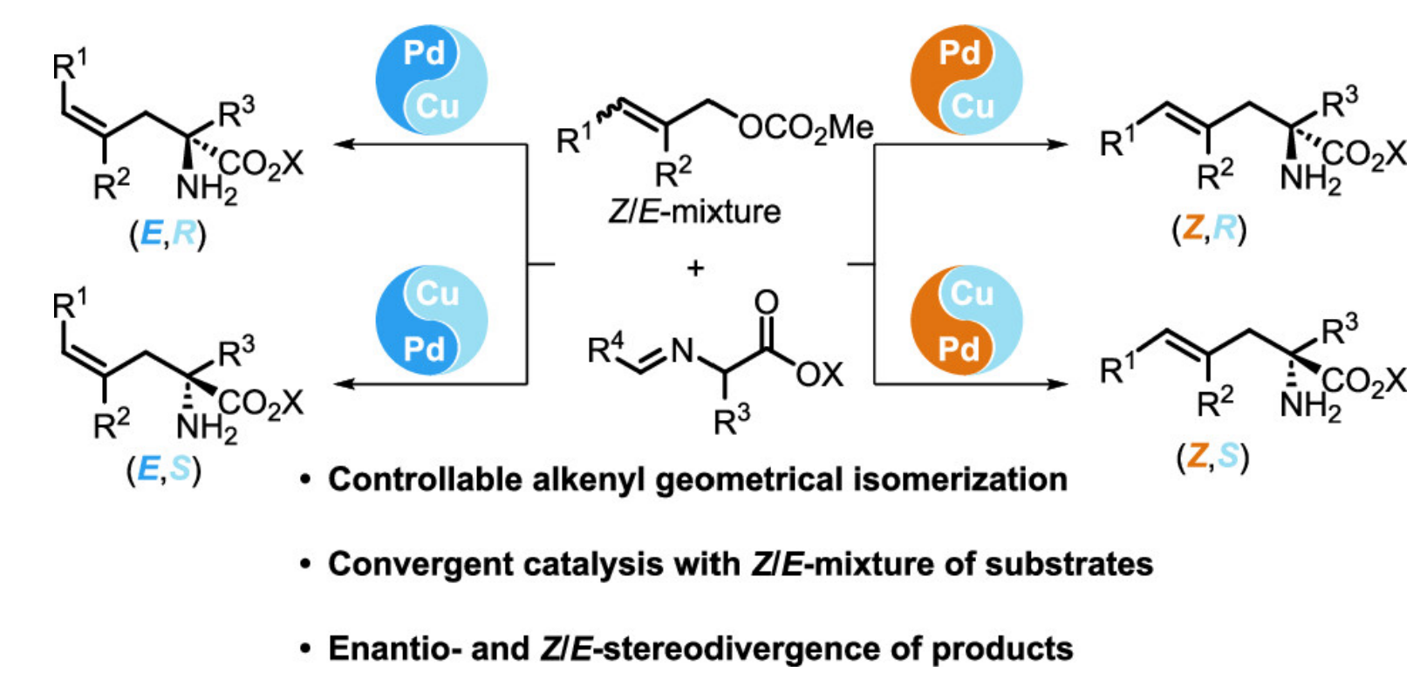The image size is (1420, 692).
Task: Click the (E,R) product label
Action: click(x=167, y=234)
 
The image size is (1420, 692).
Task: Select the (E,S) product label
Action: click(x=164, y=470)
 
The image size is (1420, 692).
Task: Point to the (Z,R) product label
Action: click(x=1209, y=228)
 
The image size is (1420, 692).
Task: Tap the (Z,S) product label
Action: click(x=1212, y=457)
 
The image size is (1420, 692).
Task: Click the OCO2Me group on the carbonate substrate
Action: click(x=805, y=128)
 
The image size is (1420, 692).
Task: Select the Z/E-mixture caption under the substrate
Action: click(x=694, y=212)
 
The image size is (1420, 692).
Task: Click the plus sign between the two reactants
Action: click(x=695, y=268)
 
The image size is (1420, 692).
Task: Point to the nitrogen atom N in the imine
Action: click(x=682, y=349)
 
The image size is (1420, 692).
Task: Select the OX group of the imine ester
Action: click(x=820, y=375)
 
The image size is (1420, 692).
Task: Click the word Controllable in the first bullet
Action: click(x=425, y=479)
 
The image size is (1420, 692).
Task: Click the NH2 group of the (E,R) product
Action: click(x=207, y=189)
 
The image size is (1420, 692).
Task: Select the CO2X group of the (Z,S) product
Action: click(x=1363, y=383)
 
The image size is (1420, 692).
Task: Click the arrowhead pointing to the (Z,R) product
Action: click(x=1057, y=145)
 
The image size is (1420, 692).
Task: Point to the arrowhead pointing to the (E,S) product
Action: click(x=345, y=384)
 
